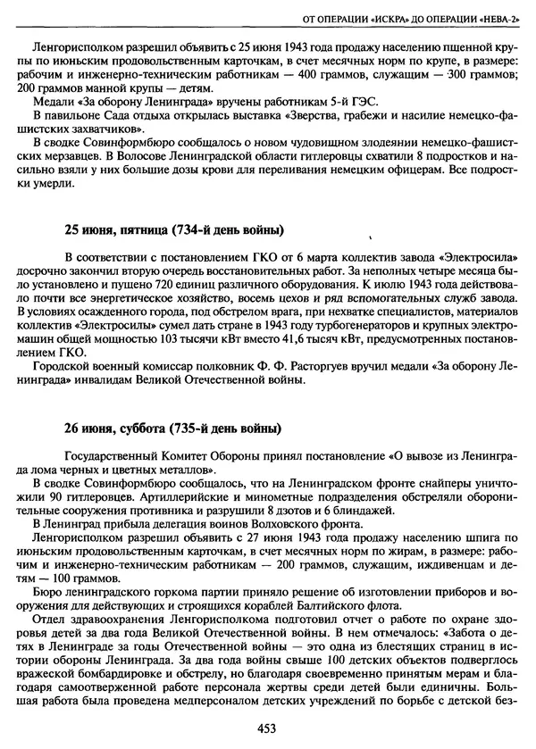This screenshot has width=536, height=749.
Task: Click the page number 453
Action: (x=264, y=728)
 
